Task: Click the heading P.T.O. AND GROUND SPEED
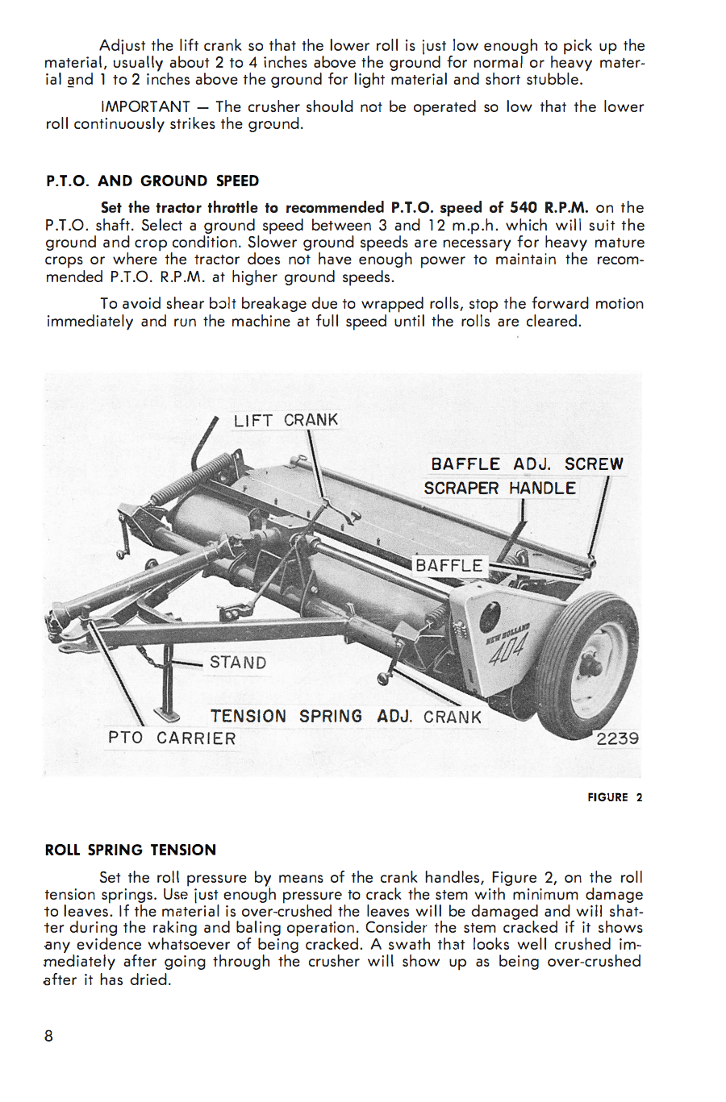pyautogui.click(x=152, y=181)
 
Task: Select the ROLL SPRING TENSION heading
pyautogui.click(x=131, y=850)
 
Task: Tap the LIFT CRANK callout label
pyautogui.click(x=286, y=420)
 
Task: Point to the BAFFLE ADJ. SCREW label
pyautogui.click(x=527, y=464)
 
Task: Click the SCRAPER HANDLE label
pyautogui.click(x=499, y=489)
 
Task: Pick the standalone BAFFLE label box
pyautogui.click(x=449, y=566)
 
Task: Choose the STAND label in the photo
pyautogui.click(x=237, y=663)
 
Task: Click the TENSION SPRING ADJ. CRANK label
pyautogui.click(x=345, y=717)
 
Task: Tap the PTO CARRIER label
pyautogui.click(x=172, y=738)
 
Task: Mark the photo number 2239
pyautogui.click(x=617, y=738)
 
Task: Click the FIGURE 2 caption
pyautogui.click(x=615, y=797)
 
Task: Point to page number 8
pyautogui.click(x=49, y=1036)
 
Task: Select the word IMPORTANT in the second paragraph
pyautogui.click(x=145, y=107)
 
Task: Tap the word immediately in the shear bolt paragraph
pyautogui.click(x=90, y=322)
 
